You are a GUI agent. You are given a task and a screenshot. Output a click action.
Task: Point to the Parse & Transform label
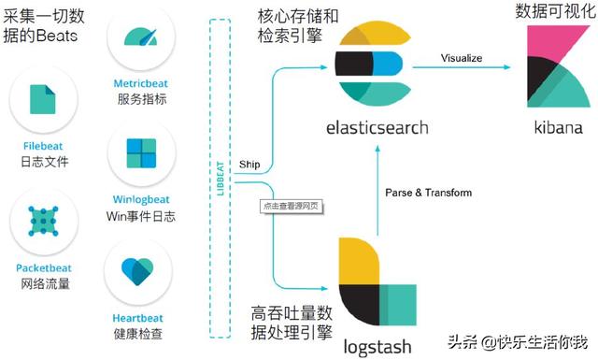click(x=429, y=193)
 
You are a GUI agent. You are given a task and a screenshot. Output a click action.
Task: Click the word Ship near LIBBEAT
click(x=250, y=164)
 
